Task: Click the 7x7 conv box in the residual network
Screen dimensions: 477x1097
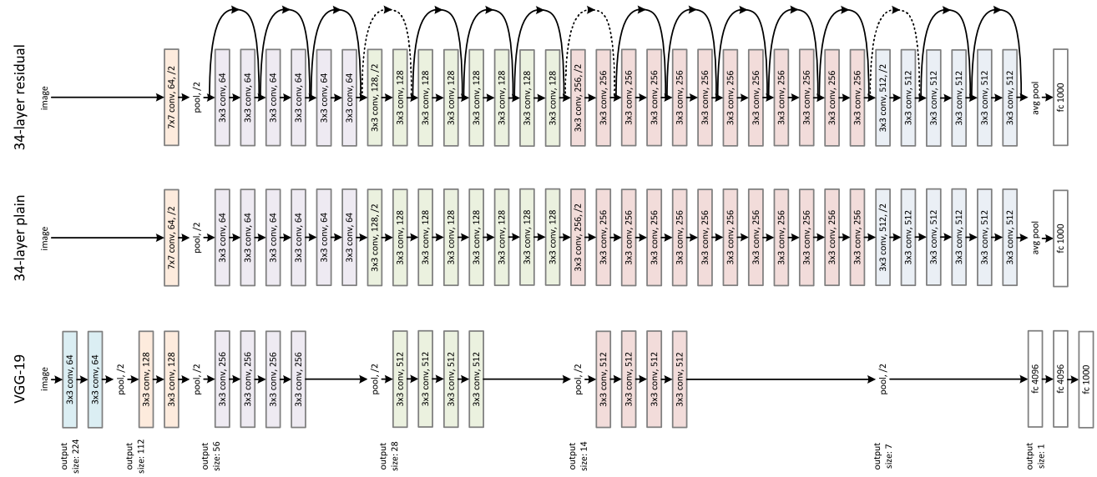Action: (x=173, y=97)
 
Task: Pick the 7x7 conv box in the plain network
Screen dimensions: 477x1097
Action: (x=173, y=238)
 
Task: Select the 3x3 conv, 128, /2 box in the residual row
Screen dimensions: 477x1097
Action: (x=376, y=97)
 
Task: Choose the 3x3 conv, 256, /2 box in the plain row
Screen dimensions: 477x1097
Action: (x=579, y=238)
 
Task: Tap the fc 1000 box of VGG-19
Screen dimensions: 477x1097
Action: (x=1085, y=379)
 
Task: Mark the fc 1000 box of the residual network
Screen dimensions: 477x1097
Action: (x=1061, y=97)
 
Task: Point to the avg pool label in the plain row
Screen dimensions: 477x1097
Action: (x=1036, y=238)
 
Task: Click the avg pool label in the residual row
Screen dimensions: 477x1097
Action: (x=1036, y=97)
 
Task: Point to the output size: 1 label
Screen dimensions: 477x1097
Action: (x=1033, y=455)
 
